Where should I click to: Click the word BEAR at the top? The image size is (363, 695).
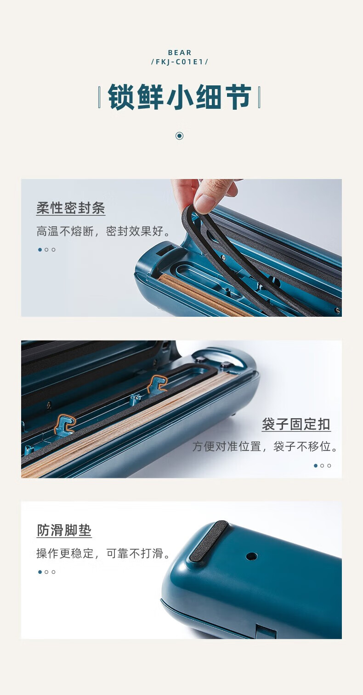[180, 53]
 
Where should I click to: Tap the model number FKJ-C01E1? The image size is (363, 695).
[180, 62]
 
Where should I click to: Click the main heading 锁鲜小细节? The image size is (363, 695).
[179, 97]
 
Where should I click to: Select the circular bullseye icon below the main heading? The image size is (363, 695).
[179, 135]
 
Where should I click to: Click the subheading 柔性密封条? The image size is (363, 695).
[71, 207]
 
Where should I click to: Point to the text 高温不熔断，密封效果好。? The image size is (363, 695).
[104, 231]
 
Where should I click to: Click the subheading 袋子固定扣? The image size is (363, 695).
[295, 424]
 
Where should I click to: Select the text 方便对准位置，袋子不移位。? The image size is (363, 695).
[265, 446]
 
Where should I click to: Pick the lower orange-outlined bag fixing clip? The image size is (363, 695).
[65, 424]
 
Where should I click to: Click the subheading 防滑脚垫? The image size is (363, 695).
[64, 530]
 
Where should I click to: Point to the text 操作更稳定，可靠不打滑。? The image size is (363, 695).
[103, 553]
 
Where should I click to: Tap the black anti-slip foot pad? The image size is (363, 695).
[209, 541]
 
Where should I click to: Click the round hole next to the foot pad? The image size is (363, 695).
[251, 556]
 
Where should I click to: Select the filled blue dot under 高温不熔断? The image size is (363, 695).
[40, 249]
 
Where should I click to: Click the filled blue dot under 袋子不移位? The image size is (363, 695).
[316, 465]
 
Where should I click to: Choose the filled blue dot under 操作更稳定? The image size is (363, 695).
[40, 572]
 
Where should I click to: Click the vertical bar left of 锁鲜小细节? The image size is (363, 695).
[99, 97]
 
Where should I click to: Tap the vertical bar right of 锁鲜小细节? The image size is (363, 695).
[259, 97]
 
